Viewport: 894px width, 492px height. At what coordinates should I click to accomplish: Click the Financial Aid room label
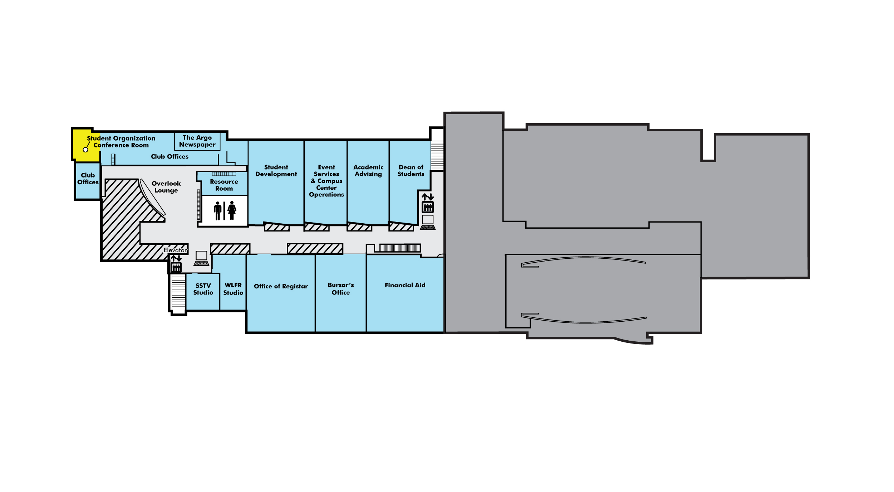tap(405, 285)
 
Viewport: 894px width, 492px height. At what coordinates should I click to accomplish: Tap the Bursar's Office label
tap(341, 289)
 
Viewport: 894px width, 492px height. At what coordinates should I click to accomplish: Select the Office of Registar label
tap(281, 286)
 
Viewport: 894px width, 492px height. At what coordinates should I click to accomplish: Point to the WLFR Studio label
tap(233, 289)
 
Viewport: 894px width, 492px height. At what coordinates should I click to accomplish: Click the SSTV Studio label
tap(203, 289)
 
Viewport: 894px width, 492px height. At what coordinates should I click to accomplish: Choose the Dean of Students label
tap(411, 171)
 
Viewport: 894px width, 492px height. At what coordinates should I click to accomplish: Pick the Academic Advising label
tap(368, 171)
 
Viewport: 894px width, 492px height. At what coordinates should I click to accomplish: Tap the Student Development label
tap(276, 171)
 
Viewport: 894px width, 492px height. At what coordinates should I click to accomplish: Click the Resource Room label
tap(224, 185)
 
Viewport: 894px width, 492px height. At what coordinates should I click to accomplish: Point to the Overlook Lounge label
tap(166, 187)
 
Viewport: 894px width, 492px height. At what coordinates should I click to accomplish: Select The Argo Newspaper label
tap(197, 141)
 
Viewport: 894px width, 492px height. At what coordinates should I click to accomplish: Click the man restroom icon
tap(217, 211)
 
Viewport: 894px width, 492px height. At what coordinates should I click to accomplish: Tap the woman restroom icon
tap(232, 210)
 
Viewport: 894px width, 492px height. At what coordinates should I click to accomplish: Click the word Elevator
tap(175, 250)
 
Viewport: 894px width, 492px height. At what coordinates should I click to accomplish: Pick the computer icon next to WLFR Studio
tap(201, 258)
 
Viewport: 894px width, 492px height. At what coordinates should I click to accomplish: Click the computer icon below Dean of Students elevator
tap(428, 222)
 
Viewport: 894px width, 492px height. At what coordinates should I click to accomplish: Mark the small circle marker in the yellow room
tap(85, 150)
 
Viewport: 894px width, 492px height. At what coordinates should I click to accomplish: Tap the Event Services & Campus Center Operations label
tap(326, 181)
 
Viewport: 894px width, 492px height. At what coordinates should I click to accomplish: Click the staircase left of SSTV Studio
tap(178, 292)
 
